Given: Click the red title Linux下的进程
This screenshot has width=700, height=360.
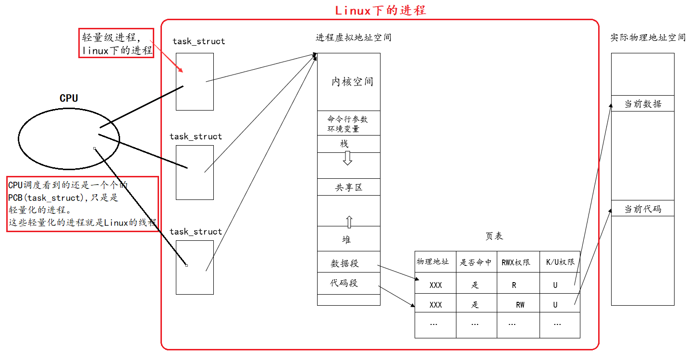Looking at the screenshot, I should click(x=380, y=10).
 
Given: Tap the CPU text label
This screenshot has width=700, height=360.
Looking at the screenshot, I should click(x=69, y=98).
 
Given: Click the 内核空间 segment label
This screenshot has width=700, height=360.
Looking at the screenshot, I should click(x=352, y=82).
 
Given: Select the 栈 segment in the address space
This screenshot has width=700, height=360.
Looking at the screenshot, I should click(x=344, y=144).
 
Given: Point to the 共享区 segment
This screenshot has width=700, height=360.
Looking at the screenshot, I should click(x=349, y=187).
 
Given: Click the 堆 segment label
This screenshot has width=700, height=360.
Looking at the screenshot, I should click(x=346, y=239).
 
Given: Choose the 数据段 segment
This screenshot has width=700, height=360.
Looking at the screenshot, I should click(x=345, y=263).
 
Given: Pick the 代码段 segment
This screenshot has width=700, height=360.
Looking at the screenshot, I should click(x=344, y=283).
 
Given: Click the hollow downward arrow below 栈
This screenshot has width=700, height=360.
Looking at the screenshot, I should click(x=347, y=158).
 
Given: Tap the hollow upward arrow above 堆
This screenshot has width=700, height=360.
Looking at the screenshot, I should click(x=349, y=222).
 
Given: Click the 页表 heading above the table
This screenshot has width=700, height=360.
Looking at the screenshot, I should click(x=494, y=236).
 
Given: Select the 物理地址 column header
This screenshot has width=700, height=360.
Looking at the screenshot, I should click(x=432, y=261).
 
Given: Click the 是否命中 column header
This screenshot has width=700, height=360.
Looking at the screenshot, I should click(x=476, y=262).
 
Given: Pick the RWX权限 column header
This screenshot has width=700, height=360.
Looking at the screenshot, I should click(x=516, y=262).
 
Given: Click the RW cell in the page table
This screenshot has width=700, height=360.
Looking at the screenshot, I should click(x=520, y=305).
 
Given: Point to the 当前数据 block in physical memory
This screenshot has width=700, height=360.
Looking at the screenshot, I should click(x=642, y=104).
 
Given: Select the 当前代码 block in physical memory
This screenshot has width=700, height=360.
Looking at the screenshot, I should click(x=642, y=209).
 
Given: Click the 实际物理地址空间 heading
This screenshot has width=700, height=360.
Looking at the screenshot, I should click(x=648, y=37).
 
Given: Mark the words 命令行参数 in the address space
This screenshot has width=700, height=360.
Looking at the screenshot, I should click(x=348, y=119).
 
